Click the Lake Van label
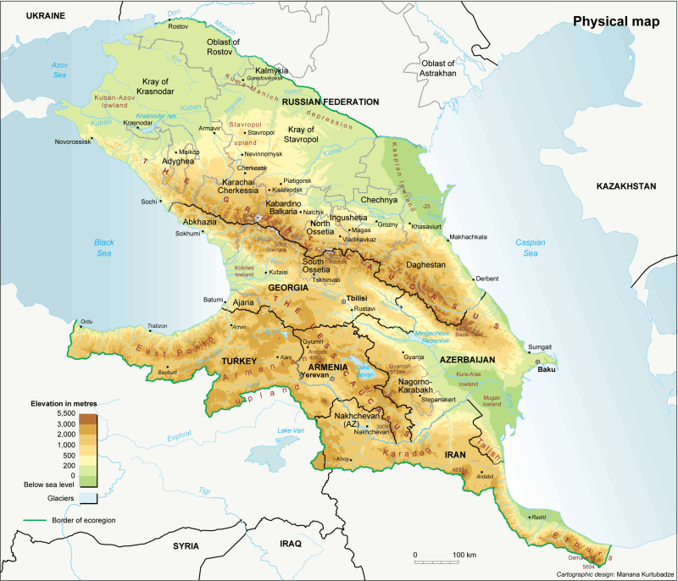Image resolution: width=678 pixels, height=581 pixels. coord(290,432)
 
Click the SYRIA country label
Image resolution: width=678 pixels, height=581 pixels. coord(188,546)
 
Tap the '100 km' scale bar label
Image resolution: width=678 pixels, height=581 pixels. coord(464,555)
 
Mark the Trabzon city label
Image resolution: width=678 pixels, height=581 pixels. coord(157,326)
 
